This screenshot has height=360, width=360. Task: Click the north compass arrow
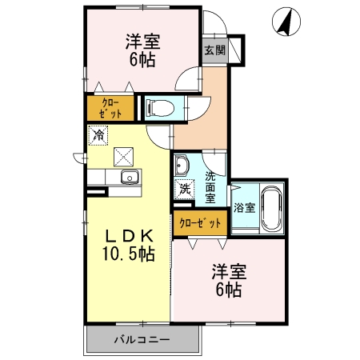pyautogui.click(x=282, y=22)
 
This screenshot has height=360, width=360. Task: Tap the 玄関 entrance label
pyautogui.click(x=214, y=50)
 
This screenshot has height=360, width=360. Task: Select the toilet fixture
pyautogui.click(x=161, y=106)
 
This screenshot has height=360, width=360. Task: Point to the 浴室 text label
pyautogui.click(x=244, y=208)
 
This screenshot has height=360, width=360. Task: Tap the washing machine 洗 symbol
pyautogui.click(x=184, y=190)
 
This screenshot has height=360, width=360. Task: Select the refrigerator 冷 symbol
pyautogui.click(x=98, y=137)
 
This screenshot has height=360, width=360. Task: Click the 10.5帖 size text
pyautogui.click(x=128, y=255)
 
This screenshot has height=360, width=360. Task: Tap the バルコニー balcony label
pyautogui.click(x=141, y=341)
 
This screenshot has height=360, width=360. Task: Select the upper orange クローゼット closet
pyautogui.click(x=111, y=108)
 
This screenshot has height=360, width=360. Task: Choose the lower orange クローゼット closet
pyautogui.click(x=200, y=222)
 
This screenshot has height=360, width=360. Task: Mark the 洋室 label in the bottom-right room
pyautogui.click(x=229, y=270)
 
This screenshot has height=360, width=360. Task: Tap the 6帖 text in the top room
pyautogui.click(x=142, y=60)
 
